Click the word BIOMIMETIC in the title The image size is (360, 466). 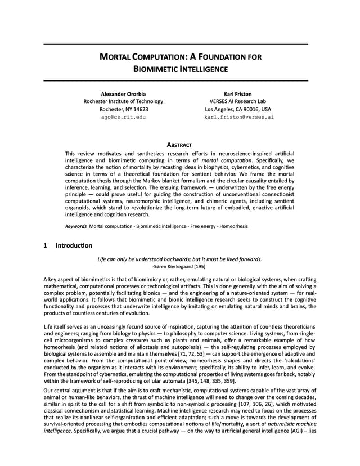pyautogui.click(x=158, y=69)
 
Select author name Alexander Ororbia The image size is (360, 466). pyautogui.click(x=123, y=93)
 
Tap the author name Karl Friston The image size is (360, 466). pyautogui.click(x=237, y=93)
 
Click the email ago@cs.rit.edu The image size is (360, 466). pyautogui.click(x=123, y=117)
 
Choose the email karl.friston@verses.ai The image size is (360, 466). pyautogui.click(x=238, y=117)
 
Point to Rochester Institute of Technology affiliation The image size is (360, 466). pyautogui.click(x=123, y=101)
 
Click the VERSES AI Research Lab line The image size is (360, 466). pyautogui.click(x=237, y=101)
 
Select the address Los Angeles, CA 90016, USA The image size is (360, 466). pyautogui.click(x=238, y=109)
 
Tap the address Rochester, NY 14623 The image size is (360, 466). pyautogui.click(x=124, y=109)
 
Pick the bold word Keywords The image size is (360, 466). pyautogui.click(x=76, y=226)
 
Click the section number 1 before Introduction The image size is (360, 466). pyautogui.click(x=46, y=245)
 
